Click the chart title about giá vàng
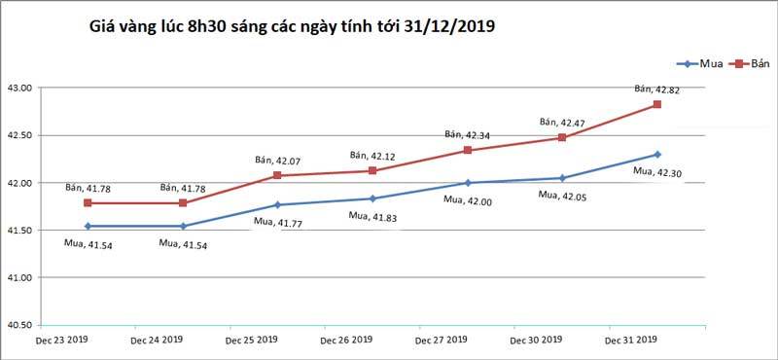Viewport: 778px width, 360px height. click(x=292, y=28)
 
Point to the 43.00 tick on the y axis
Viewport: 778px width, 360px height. click(x=20, y=88)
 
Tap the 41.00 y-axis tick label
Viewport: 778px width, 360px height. click(x=20, y=278)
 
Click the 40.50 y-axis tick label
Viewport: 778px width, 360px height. click(x=20, y=325)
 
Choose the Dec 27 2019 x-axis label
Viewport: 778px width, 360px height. click(x=440, y=341)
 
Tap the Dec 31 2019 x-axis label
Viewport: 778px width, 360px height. click(x=630, y=341)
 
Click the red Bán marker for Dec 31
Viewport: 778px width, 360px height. click(x=656, y=104)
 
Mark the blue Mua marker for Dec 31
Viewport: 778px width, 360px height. click(x=656, y=154)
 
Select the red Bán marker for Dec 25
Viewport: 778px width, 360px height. click(x=277, y=175)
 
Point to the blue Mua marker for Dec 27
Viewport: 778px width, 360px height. click(x=467, y=183)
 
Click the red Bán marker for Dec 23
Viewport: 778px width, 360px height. click(x=88, y=203)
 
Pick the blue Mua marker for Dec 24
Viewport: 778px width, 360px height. click(x=183, y=227)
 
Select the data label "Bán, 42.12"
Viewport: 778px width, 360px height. click(x=375, y=155)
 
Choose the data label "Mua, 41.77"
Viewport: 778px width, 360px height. click(x=280, y=222)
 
